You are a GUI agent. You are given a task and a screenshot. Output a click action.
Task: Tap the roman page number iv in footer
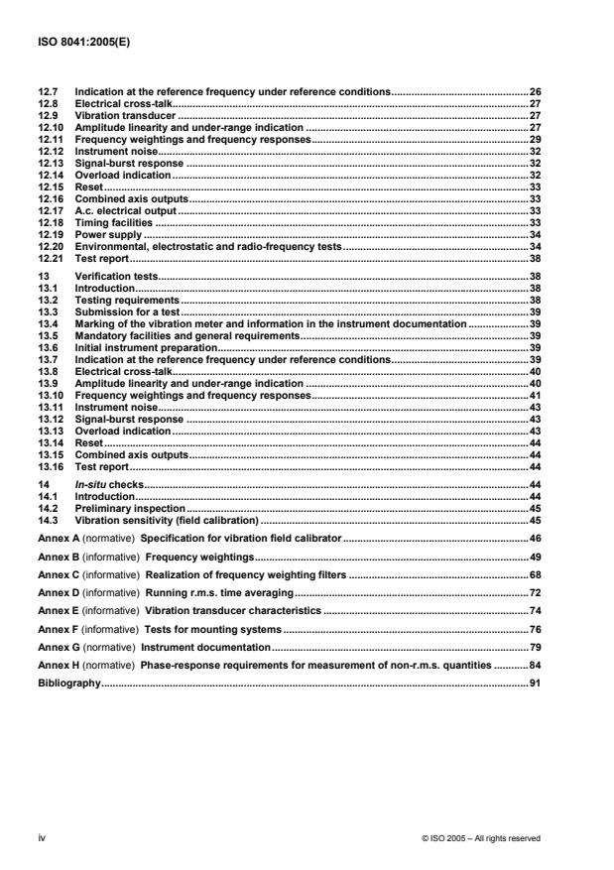pyautogui.click(x=42, y=837)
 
